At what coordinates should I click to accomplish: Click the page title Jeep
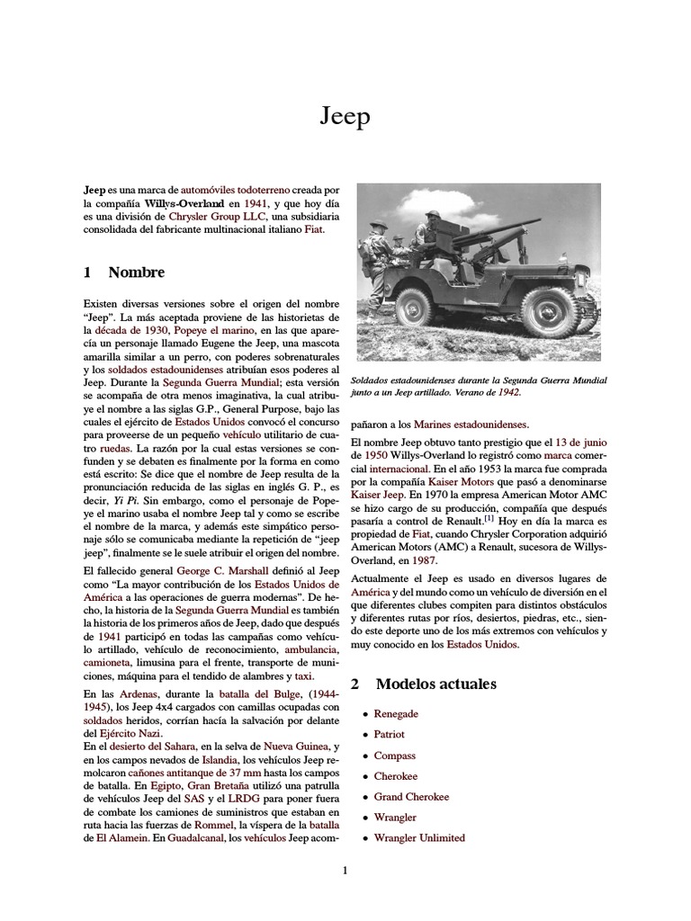(345, 117)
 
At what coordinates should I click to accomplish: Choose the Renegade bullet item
(396, 713)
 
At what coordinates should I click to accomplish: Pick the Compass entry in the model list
(395, 756)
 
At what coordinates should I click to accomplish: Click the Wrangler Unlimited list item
(419, 837)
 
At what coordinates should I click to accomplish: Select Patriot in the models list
(390, 734)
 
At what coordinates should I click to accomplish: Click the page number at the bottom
(345, 870)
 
